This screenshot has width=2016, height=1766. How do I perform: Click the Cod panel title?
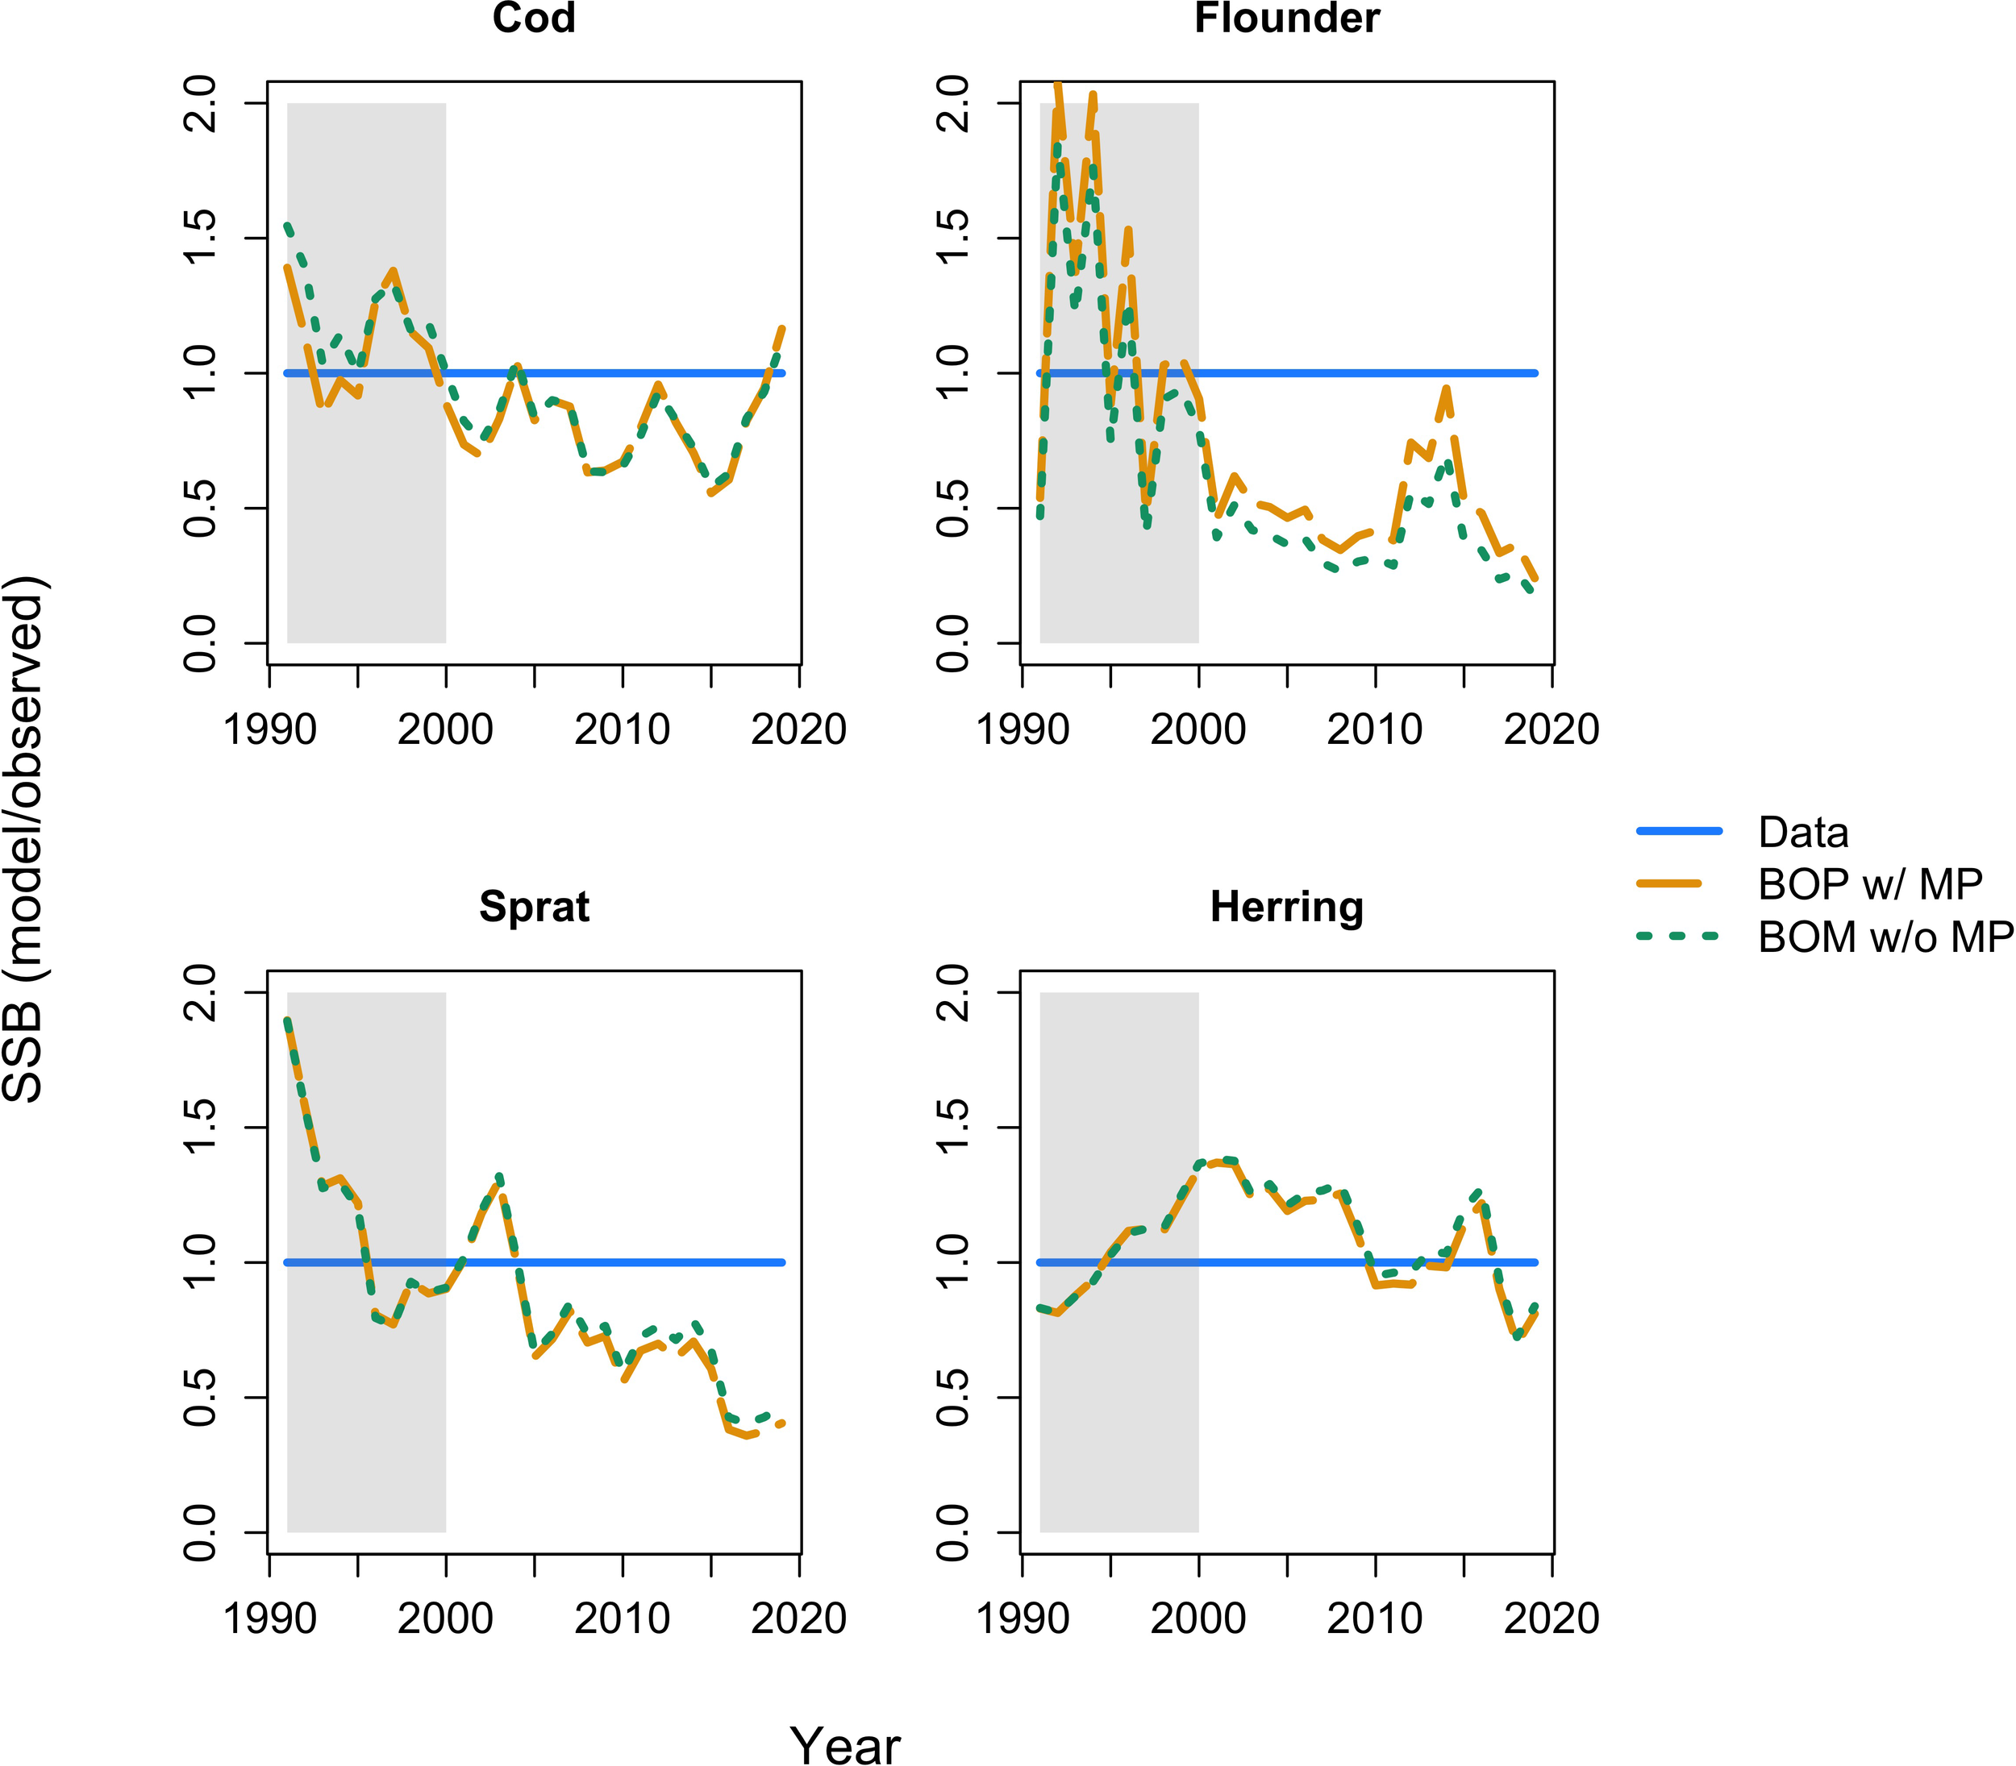point(533,18)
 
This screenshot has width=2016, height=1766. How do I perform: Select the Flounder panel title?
point(1286,18)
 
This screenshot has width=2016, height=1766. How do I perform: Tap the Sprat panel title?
point(533,907)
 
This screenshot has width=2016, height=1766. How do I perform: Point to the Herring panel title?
point(1286,907)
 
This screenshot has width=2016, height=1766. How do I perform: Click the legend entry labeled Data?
point(1803,833)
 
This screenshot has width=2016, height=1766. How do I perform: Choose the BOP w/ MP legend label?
point(1870,884)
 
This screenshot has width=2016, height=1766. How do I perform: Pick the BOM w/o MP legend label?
point(1885,937)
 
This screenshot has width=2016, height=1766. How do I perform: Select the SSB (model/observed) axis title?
point(25,837)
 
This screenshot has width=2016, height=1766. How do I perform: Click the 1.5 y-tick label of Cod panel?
point(200,238)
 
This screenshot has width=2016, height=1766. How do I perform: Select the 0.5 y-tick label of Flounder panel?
point(952,508)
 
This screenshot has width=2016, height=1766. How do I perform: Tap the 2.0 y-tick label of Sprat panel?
point(200,992)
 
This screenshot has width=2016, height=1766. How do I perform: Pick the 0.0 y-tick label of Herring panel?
point(952,1532)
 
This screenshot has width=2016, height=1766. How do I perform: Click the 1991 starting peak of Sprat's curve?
point(287,1021)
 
